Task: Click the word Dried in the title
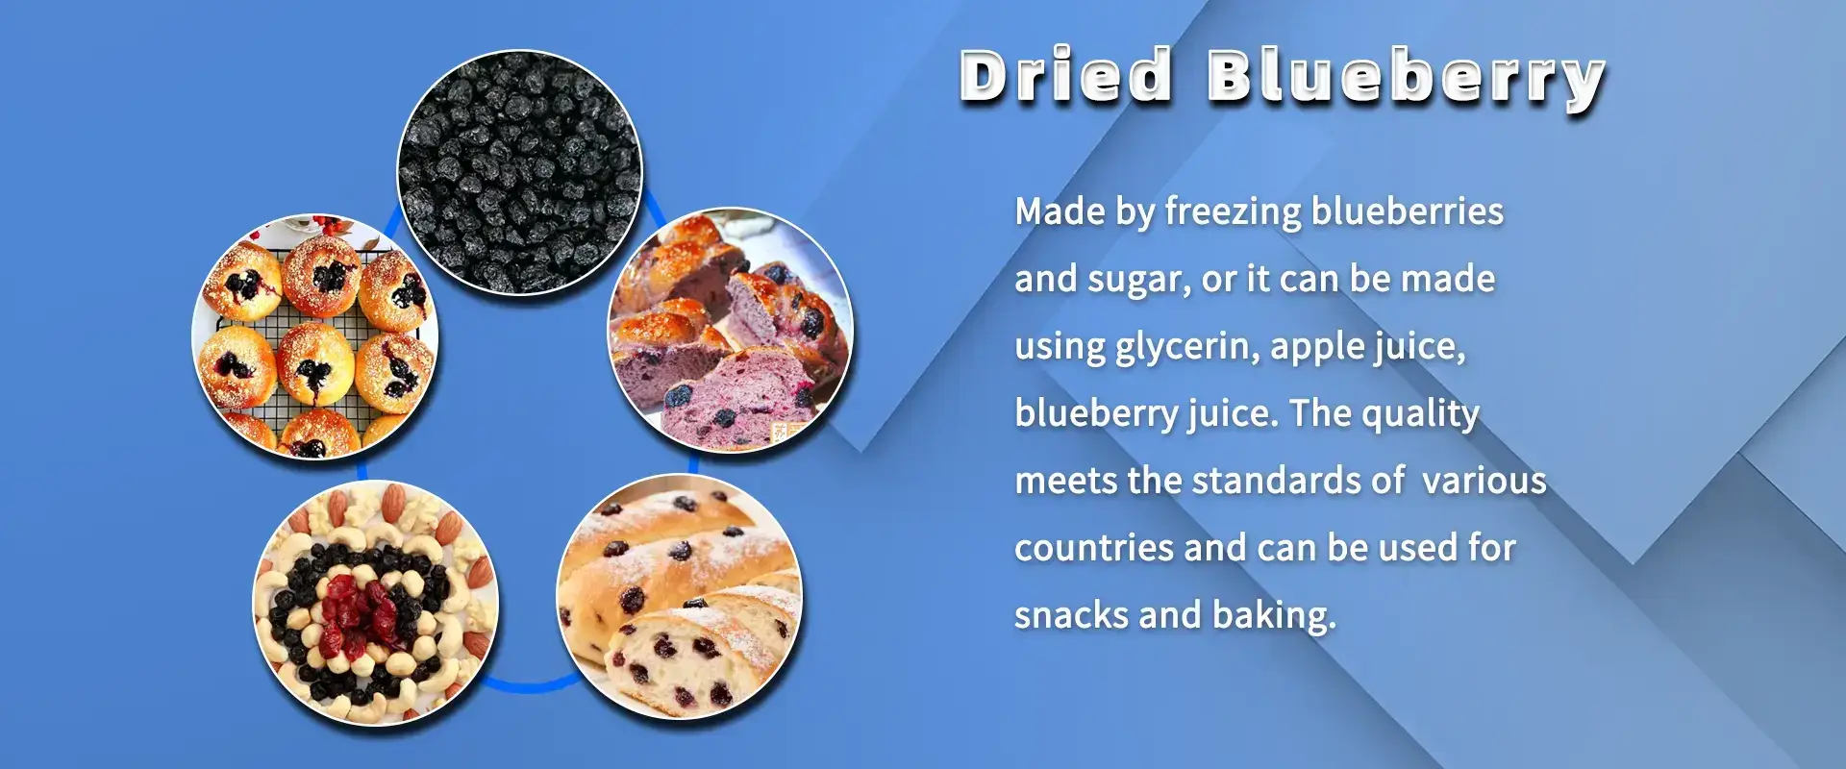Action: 1066,74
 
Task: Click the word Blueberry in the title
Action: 1407,78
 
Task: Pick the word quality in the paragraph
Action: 1420,413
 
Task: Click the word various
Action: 1484,481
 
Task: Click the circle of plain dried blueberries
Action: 519,172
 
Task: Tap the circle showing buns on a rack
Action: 315,336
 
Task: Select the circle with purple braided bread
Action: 731,331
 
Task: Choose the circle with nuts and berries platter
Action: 376,603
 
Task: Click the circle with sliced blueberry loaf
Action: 680,597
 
